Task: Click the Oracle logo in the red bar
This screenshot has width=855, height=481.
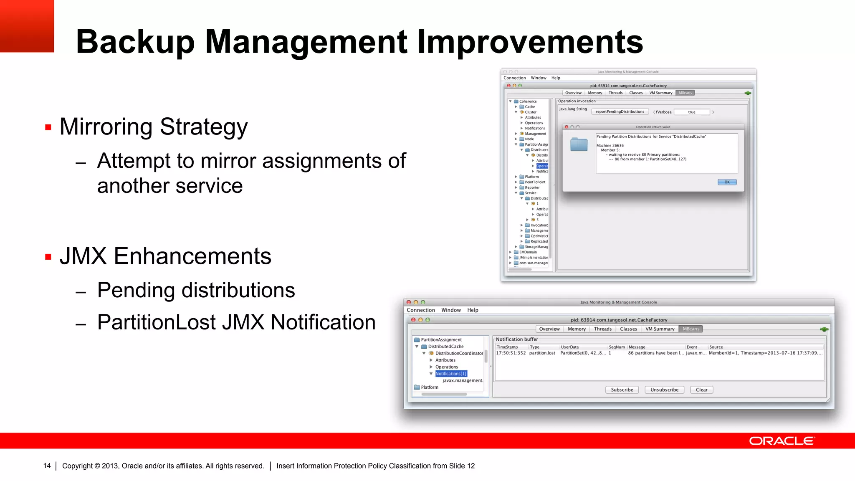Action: coord(782,441)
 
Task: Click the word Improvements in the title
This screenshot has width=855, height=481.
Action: coord(530,42)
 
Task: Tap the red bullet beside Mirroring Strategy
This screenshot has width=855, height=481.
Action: coord(48,127)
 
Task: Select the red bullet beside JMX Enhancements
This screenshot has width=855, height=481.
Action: coord(48,257)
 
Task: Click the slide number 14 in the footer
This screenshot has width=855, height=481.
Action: coord(47,466)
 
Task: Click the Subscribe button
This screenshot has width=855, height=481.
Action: coord(622,390)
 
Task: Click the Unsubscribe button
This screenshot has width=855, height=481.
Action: coord(664,390)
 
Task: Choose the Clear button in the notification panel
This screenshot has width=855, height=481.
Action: coord(701,390)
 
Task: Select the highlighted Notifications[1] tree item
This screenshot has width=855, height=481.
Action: coord(451,374)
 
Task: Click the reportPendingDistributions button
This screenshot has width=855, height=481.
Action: coord(620,111)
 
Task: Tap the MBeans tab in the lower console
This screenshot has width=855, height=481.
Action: coord(691,329)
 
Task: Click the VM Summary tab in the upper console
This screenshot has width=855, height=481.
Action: coord(660,93)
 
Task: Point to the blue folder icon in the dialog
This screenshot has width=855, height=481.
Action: coord(579,144)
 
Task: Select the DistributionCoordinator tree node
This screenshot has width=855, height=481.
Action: coord(459,353)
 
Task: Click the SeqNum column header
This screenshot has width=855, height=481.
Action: coord(617,347)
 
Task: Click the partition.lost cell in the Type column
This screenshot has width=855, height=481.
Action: coord(542,353)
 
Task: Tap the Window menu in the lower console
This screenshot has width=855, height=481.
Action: coord(451,310)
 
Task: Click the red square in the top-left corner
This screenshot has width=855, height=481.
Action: coord(27,26)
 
